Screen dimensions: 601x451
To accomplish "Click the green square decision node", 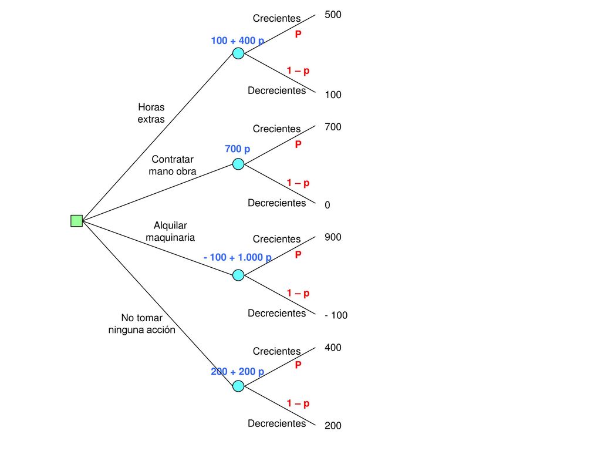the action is coord(77,221).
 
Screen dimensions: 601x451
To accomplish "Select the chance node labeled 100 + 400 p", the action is coord(238,53).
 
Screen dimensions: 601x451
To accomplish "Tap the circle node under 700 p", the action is coord(238,164).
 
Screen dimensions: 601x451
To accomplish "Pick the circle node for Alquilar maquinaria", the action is coord(238,275).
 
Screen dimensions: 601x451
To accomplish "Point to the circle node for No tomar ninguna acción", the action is coord(238,386).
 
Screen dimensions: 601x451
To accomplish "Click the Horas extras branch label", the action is coord(151,113).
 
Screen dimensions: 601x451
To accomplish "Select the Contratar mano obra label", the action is coord(173,165).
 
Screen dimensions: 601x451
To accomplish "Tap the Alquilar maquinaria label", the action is coord(170,231).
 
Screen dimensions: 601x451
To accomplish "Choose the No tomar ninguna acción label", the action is coord(142,324).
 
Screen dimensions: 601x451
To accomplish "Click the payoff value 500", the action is coord(333,15).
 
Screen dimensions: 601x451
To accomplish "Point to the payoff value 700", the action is coord(333,127).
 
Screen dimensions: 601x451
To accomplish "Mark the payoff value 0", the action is coord(327,205).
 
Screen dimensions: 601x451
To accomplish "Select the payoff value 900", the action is coord(333,237).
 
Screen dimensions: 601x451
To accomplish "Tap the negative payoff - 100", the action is coord(336,315).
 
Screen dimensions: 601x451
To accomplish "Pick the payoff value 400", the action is coord(333,348).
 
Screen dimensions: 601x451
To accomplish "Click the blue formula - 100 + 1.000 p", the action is coord(237,257).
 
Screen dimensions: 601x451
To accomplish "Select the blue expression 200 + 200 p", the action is coord(237,372).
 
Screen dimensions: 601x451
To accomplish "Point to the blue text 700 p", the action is coord(237,149).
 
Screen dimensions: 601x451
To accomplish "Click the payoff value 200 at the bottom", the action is coord(333,425).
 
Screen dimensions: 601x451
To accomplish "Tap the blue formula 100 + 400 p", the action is coord(237,41).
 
